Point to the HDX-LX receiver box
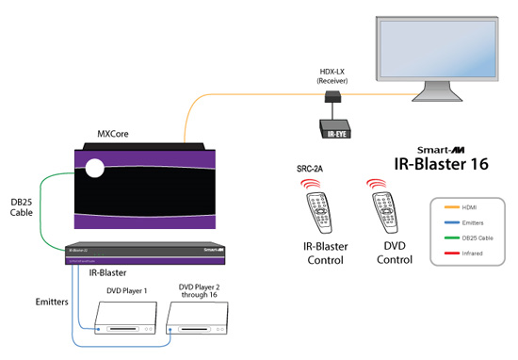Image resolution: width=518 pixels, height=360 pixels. click(x=333, y=96)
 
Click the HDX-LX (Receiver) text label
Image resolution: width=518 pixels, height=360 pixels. click(x=333, y=75)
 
